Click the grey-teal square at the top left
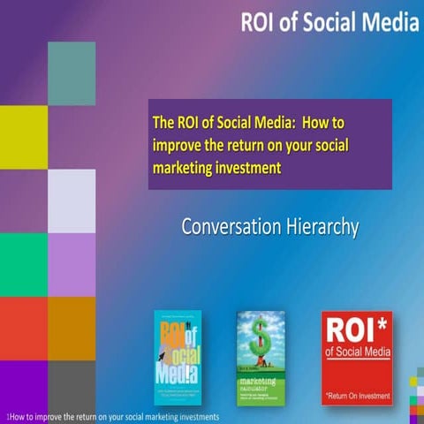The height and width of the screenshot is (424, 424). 72,73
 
